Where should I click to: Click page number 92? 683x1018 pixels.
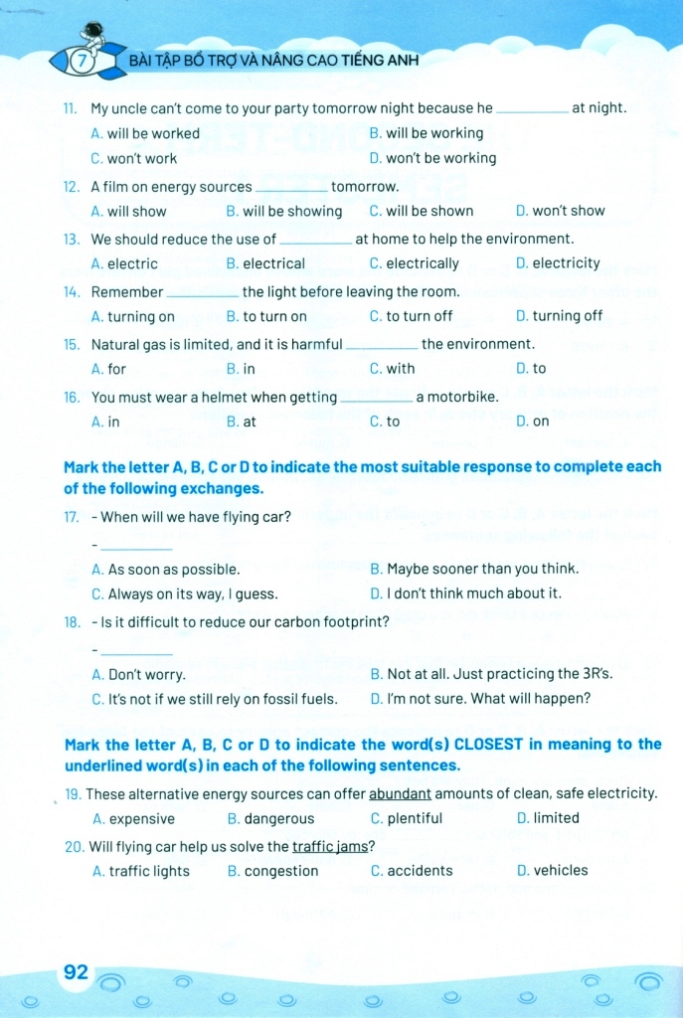(x=77, y=971)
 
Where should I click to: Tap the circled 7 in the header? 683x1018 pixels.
(x=86, y=61)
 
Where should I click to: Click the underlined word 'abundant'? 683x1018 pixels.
(x=400, y=793)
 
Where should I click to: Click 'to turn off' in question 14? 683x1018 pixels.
(x=411, y=316)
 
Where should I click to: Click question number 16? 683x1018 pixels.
(x=71, y=397)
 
